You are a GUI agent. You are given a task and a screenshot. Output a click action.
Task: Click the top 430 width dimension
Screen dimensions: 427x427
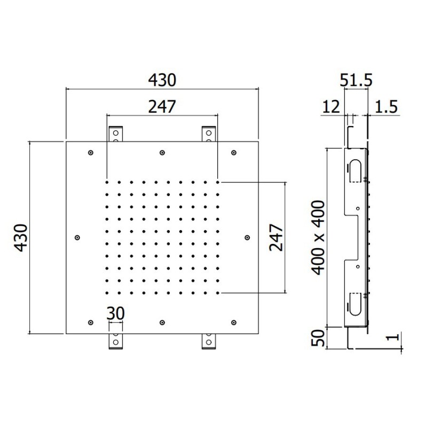[x=162, y=81]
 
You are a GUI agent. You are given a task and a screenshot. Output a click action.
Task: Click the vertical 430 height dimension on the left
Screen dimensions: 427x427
[x=21, y=238]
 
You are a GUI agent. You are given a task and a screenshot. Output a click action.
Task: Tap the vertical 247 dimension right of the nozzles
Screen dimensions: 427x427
[x=276, y=238]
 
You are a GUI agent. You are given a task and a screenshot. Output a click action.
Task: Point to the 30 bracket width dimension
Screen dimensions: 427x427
[x=115, y=313]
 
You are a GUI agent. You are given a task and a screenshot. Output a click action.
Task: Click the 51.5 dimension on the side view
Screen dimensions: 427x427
[x=356, y=81]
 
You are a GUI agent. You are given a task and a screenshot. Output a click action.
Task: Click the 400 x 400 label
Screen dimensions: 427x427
[x=318, y=238]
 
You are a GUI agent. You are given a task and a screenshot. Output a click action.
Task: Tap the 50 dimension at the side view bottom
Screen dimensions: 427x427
[x=318, y=338]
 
